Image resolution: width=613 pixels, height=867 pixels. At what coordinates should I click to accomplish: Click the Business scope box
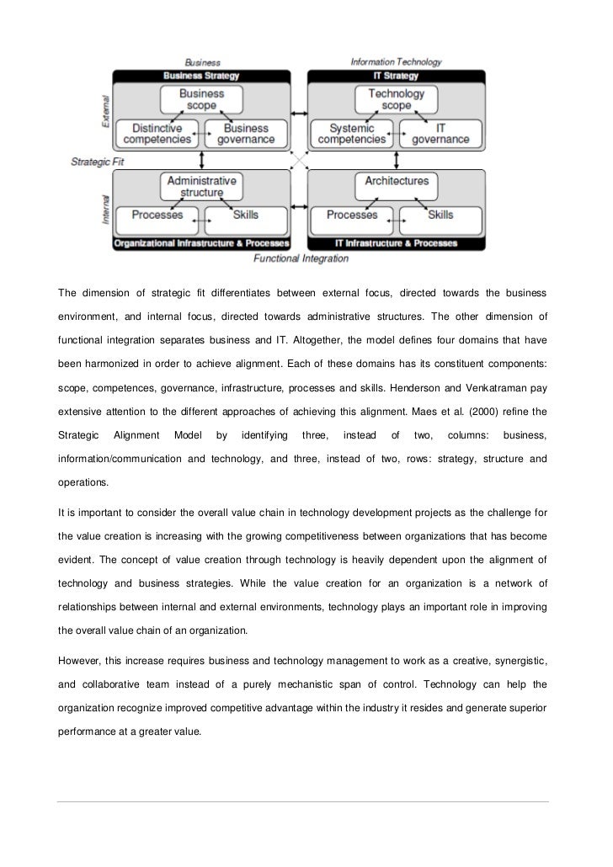point(201,99)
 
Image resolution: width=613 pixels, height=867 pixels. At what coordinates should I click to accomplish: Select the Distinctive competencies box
point(156,134)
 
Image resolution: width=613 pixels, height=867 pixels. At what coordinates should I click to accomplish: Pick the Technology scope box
point(396,99)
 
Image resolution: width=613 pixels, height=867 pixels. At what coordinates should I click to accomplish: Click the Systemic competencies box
point(352,134)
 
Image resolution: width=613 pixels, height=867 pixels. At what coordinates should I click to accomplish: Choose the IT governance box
point(440,134)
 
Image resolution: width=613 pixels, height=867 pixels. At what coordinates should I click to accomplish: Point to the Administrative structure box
point(201,186)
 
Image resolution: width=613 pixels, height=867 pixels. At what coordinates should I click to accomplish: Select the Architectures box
point(396,181)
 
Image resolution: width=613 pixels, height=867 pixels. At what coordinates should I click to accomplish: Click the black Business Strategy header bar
point(202,75)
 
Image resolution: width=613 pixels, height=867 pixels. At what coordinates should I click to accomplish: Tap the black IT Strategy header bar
point(396,75)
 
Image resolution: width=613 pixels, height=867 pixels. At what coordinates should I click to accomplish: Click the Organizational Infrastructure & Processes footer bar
point(201,243)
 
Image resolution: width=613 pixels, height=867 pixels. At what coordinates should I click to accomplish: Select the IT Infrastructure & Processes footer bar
point(396,243)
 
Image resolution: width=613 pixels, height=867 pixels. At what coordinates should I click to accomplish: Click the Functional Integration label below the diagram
point(301,258)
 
